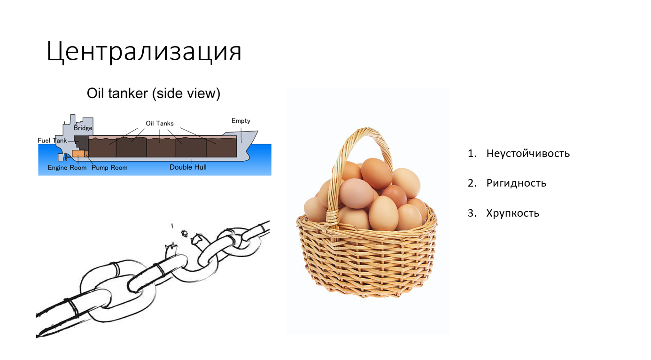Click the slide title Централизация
[144, 52]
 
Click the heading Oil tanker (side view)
[153, 94]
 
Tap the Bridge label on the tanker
[83, 128]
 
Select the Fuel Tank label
[52, 141]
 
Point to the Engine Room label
[67, 167]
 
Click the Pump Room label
[109, 167]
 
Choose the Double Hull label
[188, 167]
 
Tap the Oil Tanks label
[159, 123]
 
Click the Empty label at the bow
[241, 121]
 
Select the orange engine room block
[78, 154]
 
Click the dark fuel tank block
[81, 143]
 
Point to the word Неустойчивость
[528, 153]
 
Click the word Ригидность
[516, 183]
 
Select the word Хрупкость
[512, 213]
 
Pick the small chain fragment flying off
[185, 233]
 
